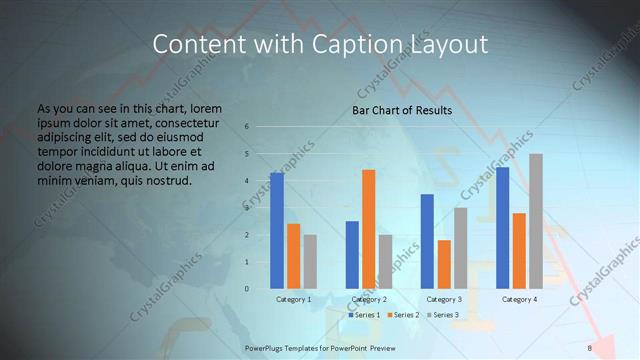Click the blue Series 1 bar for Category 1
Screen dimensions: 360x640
tap(277, 231)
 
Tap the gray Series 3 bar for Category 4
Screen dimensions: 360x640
tap(536, 221)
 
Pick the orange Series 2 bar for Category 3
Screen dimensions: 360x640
tap(444, 264)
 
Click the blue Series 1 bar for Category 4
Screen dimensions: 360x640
tap(502, 228)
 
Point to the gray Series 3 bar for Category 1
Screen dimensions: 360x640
tap(310, 262)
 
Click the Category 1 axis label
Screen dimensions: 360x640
tap(294, 299)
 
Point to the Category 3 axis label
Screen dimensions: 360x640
tap(444, 299)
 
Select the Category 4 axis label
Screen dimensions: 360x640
tap(519, 299)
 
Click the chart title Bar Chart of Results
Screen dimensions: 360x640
tap(402, 110)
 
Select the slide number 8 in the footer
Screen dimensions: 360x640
tap(590, 347)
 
